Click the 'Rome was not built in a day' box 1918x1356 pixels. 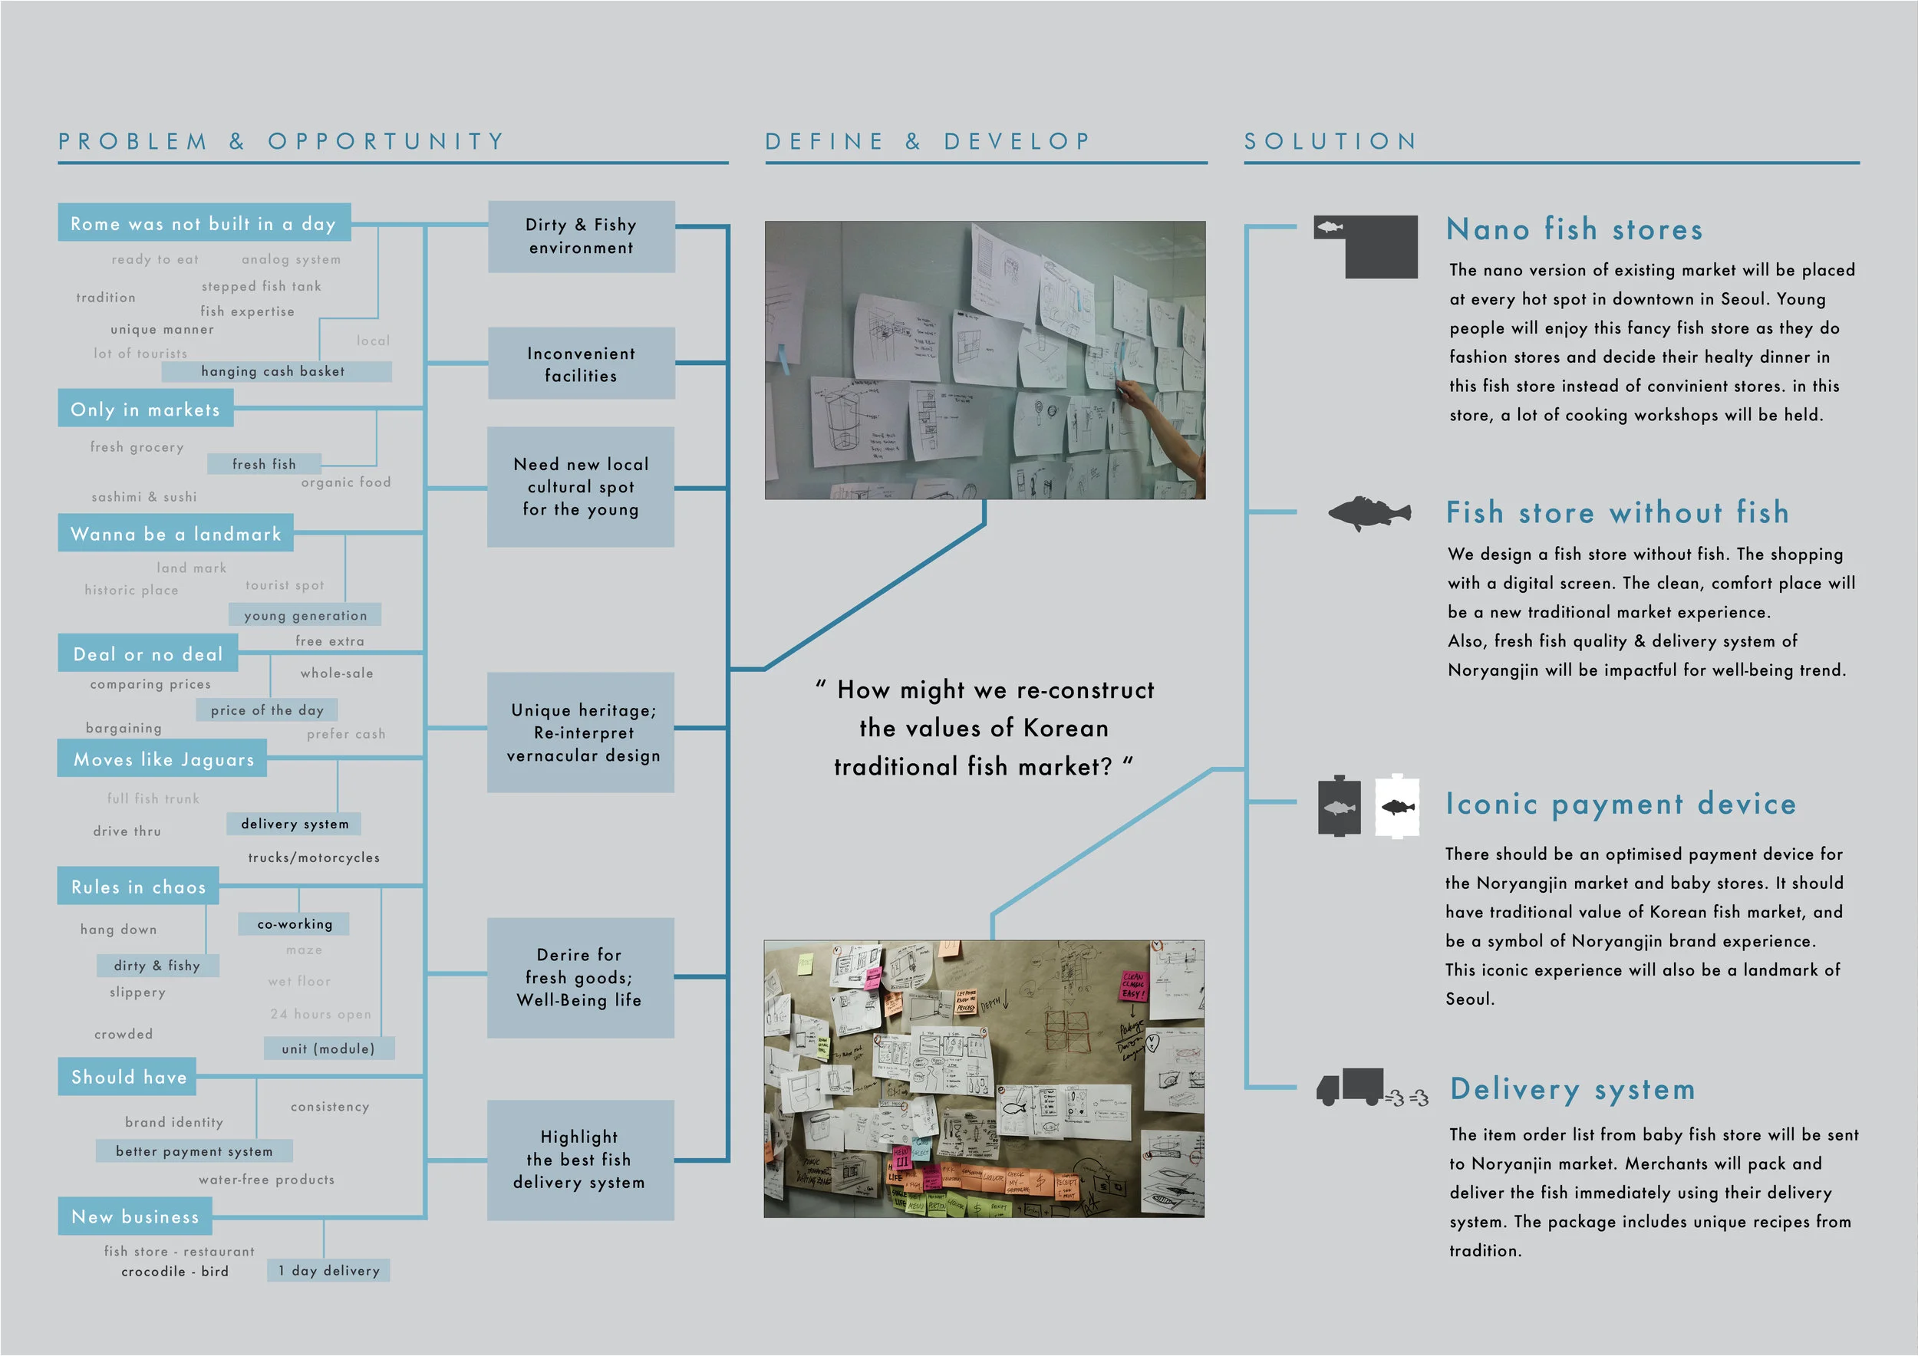click(x=204, y=223)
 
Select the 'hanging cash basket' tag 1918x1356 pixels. click(x=275, y=371)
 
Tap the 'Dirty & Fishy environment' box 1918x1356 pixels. click(x=582, y=236)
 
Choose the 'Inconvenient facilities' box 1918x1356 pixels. click(x=582, y=364)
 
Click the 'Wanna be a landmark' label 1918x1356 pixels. click(x=176, y=534)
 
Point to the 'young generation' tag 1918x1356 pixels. click(x=305, y=615)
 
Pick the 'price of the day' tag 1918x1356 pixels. click(x=266, y=710)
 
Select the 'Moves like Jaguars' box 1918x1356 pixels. click(x=163, y=759)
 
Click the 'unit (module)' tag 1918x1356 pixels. click(x=328, y=1048)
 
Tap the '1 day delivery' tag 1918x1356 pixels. click(x=328, y=1271)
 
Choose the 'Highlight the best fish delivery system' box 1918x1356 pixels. click(x=581, y=1160)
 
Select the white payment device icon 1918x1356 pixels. click(x=1397, y=807)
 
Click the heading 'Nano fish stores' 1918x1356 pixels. click(x=1574, y=229)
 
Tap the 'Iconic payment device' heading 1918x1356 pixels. click(x=1620, y=803)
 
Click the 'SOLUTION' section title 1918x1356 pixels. click(x=1331, y=141)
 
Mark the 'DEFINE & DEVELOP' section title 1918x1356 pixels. click(x=928, y=141)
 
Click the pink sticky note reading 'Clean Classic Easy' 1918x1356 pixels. click(x=1134, y=986)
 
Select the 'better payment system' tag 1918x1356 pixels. click(x=194, y=1151)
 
